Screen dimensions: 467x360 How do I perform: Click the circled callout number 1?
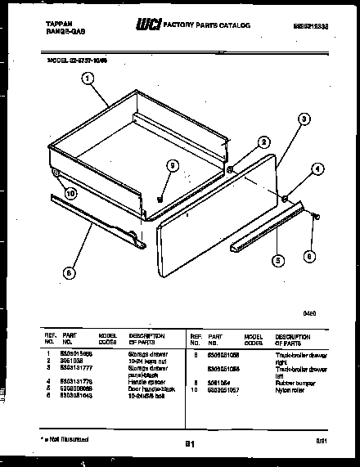pos(88,79)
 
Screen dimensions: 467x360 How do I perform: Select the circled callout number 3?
pos(304,119)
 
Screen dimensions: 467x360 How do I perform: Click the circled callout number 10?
pos(70,194)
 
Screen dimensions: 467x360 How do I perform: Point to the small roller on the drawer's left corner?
pos(55,175)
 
